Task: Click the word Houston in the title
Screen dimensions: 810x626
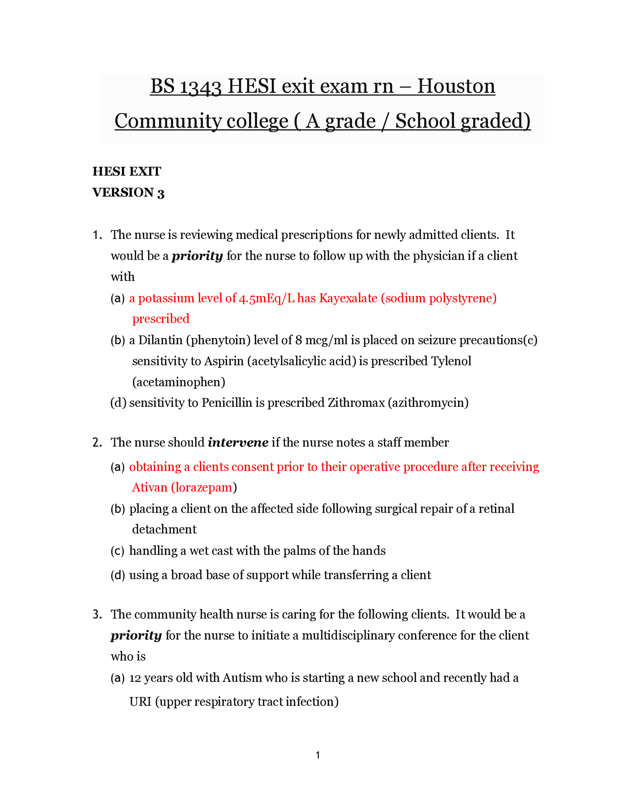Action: point(456,87)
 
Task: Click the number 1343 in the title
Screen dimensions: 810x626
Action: point(200,87)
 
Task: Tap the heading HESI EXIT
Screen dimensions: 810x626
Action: point(126,171)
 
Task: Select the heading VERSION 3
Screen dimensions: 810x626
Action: point(128,193)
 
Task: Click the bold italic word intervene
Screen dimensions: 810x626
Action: point(238,443)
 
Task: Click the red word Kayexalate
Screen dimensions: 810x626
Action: point(348,298)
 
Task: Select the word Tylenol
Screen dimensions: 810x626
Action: point(451,361)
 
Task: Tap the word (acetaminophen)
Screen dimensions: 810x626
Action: point(179,382)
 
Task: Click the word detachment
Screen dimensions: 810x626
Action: point(164,529)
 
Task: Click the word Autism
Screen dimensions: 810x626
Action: point(242,678)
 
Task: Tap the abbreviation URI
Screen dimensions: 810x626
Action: point(140,702)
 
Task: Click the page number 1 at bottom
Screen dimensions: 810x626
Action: point(318,755)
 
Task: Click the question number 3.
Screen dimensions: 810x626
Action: point(97,614)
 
